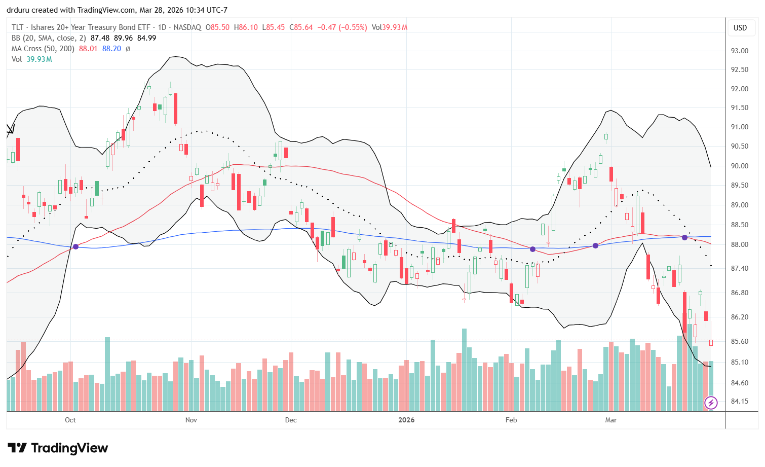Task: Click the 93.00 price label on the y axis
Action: coord(739,51)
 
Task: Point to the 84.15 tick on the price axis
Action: coord(739,401)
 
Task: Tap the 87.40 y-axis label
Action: coord(739,268)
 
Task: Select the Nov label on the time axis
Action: coord(191,420)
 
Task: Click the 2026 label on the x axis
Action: coord(406,420)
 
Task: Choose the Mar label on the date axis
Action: coord(610,420)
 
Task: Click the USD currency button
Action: coord(740,28)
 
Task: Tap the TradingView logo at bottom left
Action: coord(58,448)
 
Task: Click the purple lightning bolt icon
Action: coord(711,403)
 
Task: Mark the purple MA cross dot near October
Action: coord(76,246)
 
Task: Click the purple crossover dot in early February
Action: coord(533,249)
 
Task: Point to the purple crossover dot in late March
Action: coord(684,237)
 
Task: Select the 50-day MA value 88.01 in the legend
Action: coord(88,49)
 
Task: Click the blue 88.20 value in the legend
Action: coord(111,49)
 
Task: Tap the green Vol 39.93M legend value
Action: coord(40,59)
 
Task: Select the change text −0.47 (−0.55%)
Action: coord(342,27)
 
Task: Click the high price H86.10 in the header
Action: coord(246,27)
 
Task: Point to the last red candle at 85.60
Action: coord(711,343)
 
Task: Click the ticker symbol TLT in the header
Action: coord(18,27)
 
